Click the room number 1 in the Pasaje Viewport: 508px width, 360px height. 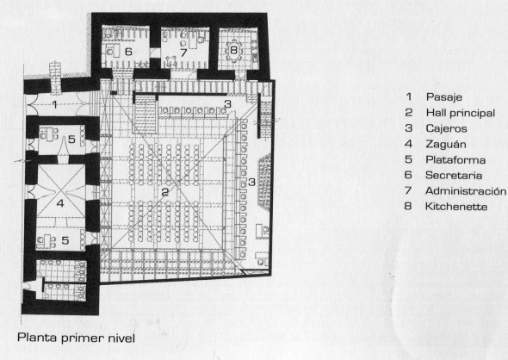click(55, 105)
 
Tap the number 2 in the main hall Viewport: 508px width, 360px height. click(165, 192)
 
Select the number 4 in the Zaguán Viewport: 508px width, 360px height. click(60, 203)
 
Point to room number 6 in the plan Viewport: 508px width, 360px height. click(128, 52)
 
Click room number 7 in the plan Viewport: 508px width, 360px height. click(183, 53)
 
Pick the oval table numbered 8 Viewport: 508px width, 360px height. click(233, 50)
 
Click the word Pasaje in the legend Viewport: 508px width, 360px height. click(443, 96)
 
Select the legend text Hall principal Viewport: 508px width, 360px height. click(461, 113)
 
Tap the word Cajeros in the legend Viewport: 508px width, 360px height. click(446, 128)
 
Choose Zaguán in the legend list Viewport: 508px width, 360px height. click(446, 144)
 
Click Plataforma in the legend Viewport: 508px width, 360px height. click(455, 159)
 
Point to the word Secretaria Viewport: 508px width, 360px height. click(454, 176)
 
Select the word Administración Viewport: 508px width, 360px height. click(466, 191)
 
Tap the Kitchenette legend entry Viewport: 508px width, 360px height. click(456, 207)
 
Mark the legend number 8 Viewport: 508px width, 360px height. click(408, 206)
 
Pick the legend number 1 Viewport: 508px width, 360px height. click(409, 96)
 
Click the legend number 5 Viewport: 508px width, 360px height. click(408, 159)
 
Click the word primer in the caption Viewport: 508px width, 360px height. click(81, 338)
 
